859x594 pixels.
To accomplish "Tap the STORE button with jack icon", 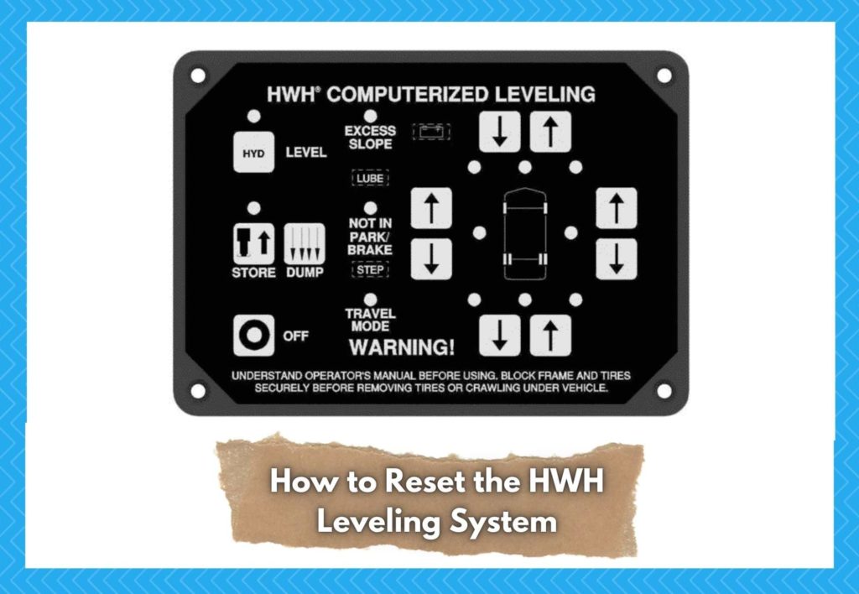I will pos(253,244).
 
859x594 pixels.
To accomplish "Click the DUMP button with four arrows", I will pos(303,244).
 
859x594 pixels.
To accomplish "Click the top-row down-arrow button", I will pos(499,132).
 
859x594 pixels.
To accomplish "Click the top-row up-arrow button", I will pos(550,132).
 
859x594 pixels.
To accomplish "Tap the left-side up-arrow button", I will pos(431,208).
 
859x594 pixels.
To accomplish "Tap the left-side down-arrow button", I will pos(431,259).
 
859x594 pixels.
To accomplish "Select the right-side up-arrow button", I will pos(617,208).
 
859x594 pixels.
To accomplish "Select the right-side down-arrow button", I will pos(617,259).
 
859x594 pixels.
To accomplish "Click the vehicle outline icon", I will pos(524,234).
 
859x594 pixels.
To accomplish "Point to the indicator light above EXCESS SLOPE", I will pos(370,115).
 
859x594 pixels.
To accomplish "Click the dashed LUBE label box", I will pos(370,179).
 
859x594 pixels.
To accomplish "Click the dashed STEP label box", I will pos(370,270).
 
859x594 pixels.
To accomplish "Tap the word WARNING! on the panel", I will pos(402,346).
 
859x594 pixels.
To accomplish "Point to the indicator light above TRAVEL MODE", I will pos(370,299).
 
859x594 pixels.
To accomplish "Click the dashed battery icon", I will pos(432,133).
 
